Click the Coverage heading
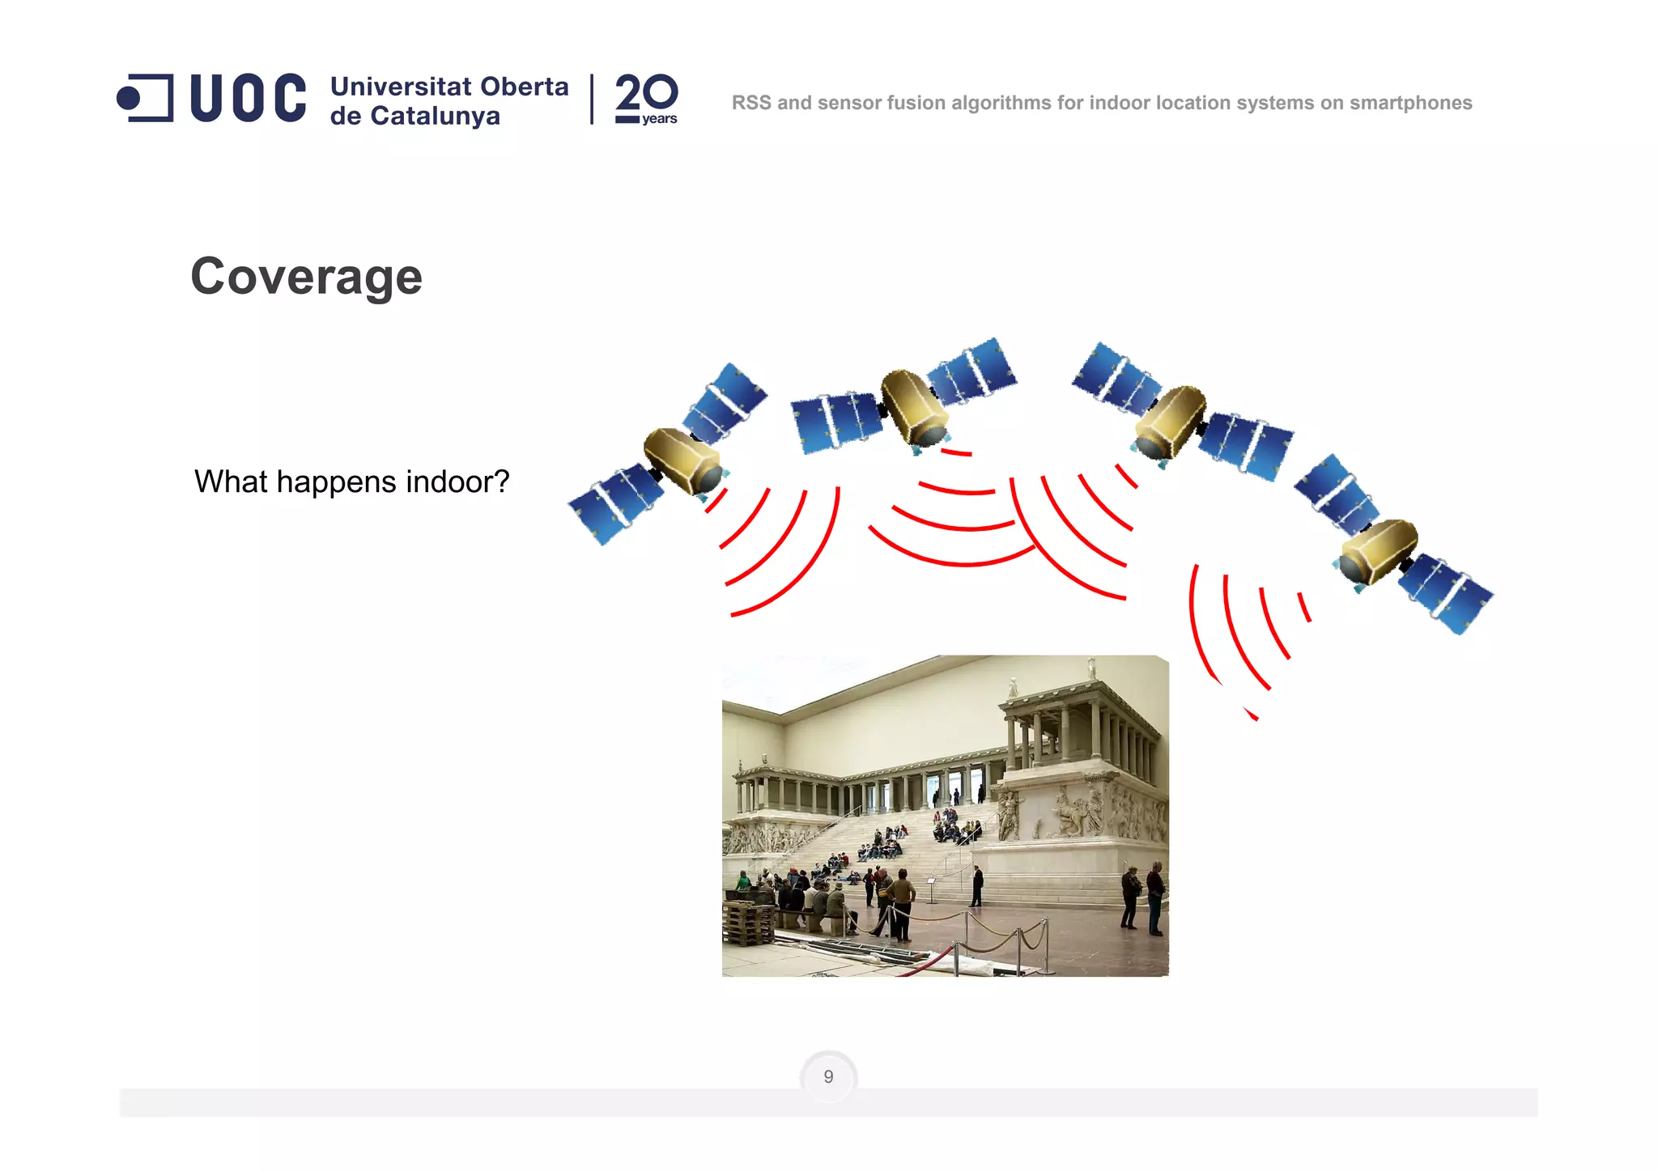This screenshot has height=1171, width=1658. coord(306,277)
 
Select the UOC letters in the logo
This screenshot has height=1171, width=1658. coord(248,99)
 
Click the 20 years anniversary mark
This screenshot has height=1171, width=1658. coord(646,99)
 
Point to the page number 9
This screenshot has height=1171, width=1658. coord(828,1077)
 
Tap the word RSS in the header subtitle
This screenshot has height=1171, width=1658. coord(751,104)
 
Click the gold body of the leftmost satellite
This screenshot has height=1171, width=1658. coord(682,459)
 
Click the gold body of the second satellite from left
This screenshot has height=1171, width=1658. coord(914,405)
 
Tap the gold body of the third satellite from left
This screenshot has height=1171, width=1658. coord(1171,421)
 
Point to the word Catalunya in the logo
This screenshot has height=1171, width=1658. coord(435,117)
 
